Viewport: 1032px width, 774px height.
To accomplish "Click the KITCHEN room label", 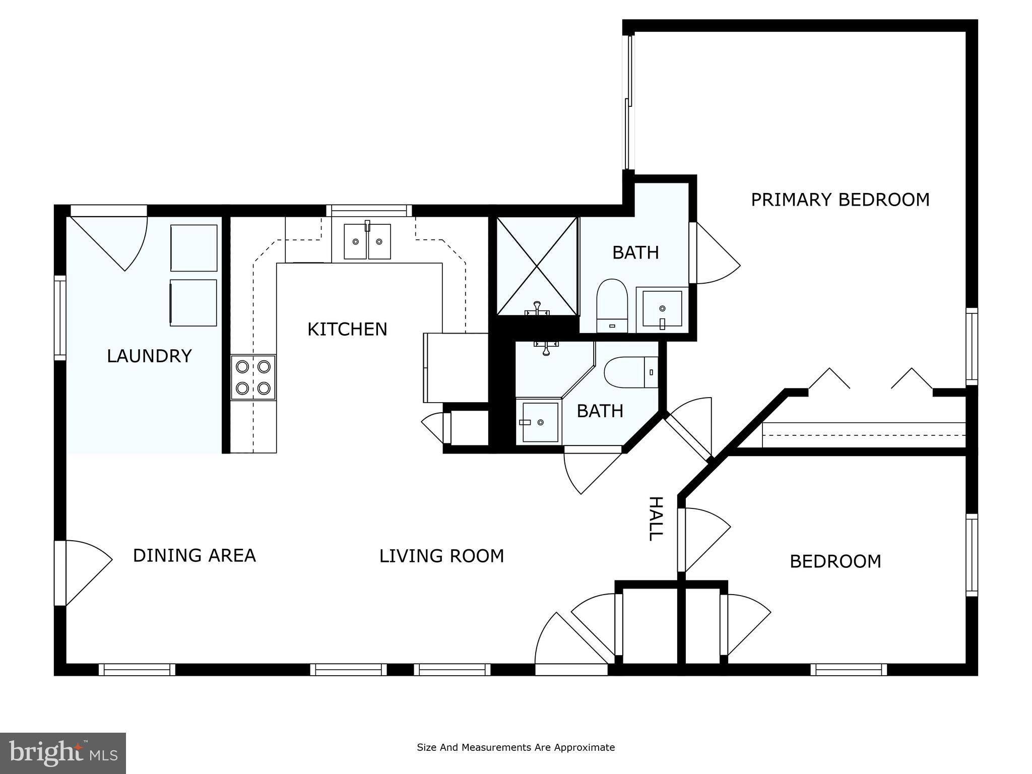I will pyautogui.click(x=347, y=330).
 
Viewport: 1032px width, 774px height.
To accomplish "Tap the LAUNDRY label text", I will pyautogui.click(x=149, y=356).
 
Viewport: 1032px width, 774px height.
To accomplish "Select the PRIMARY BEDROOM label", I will pyautogui.click(x=840, y=200).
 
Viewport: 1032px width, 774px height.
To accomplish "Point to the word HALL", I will pyautogui.click(x=655, y=519).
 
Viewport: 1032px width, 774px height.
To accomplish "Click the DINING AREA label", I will pyautogui.click(x=195, y=556).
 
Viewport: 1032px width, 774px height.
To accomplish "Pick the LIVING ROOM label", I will pyautogui.click(x=441, y=556).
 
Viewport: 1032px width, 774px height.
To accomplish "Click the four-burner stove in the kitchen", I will pyautogui.click(x=253, y=377).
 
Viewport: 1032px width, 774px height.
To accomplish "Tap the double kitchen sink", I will pyautogui.click(x=367, y=242).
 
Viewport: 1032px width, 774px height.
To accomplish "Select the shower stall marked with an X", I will pyautogui.click(x=537, y=266).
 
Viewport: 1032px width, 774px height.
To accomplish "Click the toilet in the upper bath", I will pyautogui.click(x=612, y=305).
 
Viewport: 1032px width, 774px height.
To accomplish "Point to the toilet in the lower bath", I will pyautogui.click(x=630, y=372).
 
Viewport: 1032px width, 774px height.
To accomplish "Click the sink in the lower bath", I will pyautogui.click(x=540, y=422).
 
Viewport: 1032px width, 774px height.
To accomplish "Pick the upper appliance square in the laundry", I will pyautogui.click(x=193, y=248).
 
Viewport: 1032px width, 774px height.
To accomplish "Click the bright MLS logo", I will pyautogui.click(x=63, y=753).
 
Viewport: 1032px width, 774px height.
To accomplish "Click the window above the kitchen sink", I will pyautogui.click(x=369, y=210).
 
